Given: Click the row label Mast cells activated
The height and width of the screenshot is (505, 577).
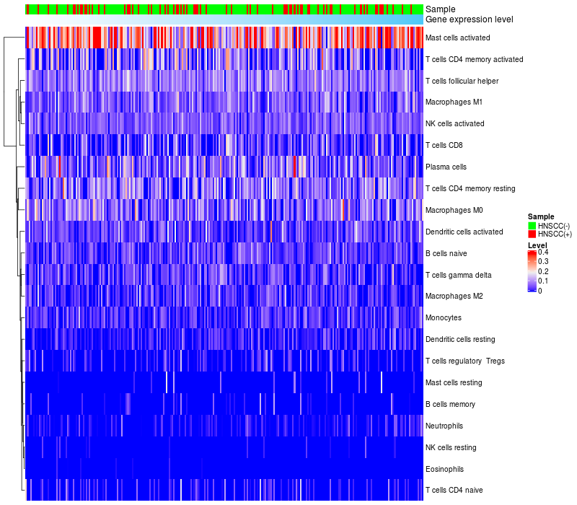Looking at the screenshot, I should pos(458,38).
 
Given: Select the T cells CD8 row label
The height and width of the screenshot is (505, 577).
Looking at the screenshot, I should pos(444,146).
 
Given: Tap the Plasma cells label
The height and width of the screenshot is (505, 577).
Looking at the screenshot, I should pos(446,167).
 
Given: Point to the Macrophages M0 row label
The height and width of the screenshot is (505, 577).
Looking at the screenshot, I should pos(454,211).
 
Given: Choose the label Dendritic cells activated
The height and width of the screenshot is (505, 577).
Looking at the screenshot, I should pos(464,232).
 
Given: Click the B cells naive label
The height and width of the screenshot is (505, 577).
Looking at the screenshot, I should pos(446,254).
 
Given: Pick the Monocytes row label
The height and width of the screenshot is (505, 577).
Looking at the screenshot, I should pos(444,318).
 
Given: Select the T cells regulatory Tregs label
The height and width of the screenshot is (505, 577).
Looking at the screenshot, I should pos(465,361).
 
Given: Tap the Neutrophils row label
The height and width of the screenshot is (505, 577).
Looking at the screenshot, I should pos(444,426).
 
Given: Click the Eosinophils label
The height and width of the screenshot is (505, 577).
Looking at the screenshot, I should pos(444,470).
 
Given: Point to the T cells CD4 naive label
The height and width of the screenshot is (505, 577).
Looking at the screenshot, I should pos(454,491).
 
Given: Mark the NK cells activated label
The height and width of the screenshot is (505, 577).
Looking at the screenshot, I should pos(455,124).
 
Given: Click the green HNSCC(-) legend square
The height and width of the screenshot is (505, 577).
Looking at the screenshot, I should pos(532,226).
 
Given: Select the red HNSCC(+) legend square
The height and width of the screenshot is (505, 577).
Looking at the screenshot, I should pos(532,234).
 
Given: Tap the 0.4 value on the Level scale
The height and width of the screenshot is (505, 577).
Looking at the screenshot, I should pos(543,252).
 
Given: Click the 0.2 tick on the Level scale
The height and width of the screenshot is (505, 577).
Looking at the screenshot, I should pos(543,271).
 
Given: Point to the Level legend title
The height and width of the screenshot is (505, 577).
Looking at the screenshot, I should pos(537,245).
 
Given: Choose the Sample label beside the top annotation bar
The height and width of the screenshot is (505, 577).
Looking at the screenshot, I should pos(440,9).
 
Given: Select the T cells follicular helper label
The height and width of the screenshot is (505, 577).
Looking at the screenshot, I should pos(462,81).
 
